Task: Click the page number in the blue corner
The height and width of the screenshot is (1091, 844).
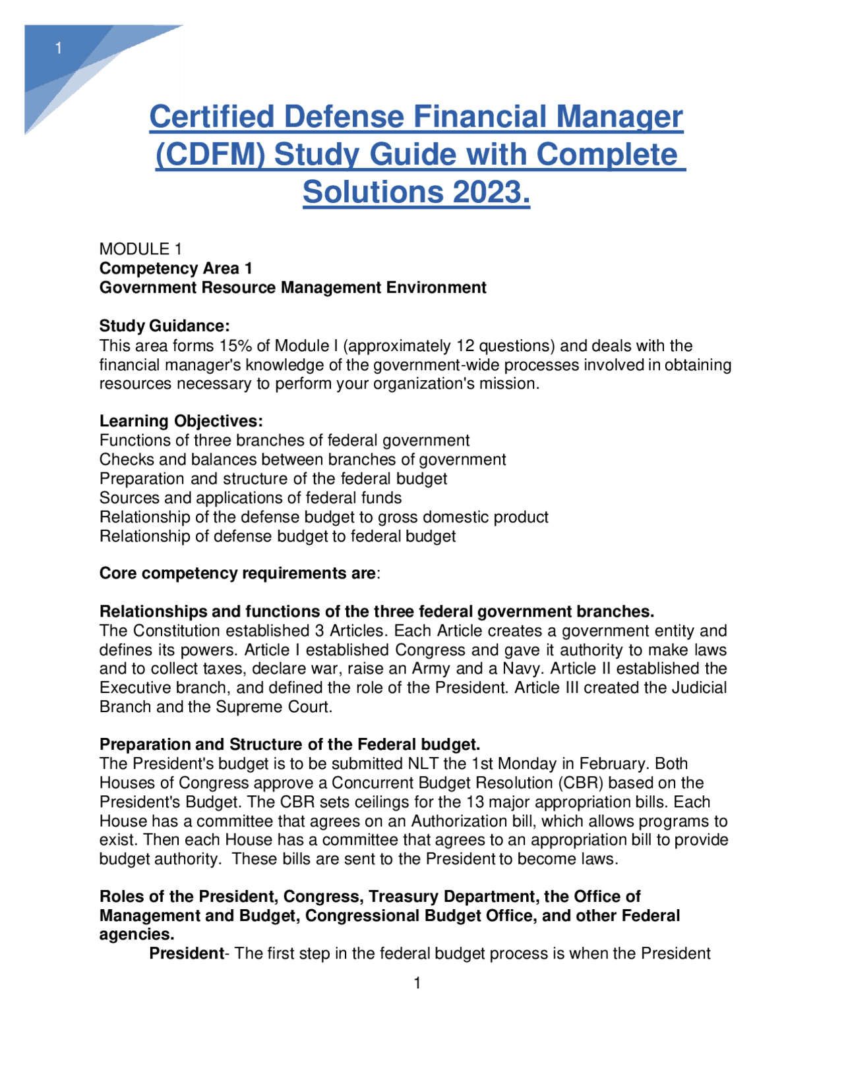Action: [59, 48]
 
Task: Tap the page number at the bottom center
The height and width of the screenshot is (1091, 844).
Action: [417, 983]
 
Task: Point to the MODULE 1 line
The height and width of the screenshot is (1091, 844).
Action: [140, 249]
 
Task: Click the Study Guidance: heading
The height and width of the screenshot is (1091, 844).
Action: [164, 326]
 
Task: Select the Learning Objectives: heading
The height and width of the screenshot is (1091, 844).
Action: [181, 421]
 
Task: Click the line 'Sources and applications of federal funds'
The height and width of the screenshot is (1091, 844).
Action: [251, 498]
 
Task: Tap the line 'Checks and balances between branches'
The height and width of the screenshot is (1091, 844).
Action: [303, 460]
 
